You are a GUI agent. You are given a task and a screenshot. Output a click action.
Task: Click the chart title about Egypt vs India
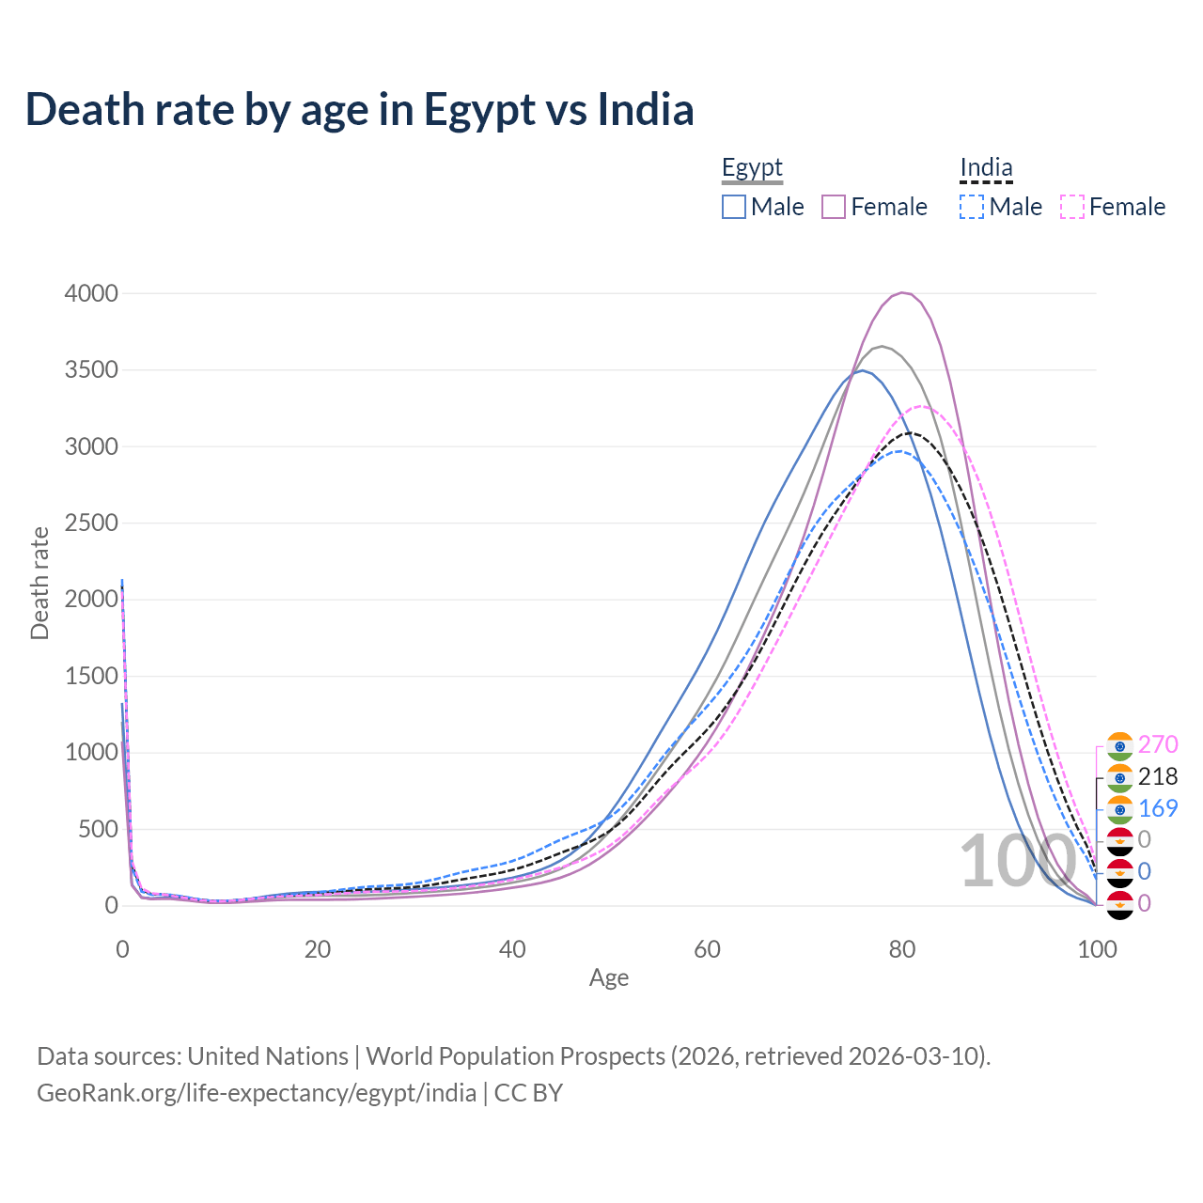[359, 109]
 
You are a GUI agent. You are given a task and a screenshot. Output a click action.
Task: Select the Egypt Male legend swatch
[734, 207]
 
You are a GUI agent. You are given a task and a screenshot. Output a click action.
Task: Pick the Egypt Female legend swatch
[834, 207]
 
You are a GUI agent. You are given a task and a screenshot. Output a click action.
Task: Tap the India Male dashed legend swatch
[972, 207]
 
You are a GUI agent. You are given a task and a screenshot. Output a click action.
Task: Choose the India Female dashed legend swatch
[1072, 207]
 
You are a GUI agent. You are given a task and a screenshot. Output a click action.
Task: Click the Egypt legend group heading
[752, 168]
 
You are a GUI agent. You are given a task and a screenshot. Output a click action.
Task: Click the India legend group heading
[986, 168]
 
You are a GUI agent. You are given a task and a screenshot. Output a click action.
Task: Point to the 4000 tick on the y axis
[91, 293]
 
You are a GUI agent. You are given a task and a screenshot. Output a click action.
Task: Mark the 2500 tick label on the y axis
[91, 523]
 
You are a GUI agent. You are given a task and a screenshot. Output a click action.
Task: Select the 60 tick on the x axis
[707, 949]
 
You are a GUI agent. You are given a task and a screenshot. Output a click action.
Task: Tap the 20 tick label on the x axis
[318, 949]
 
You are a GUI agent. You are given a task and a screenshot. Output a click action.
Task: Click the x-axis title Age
[609, 977]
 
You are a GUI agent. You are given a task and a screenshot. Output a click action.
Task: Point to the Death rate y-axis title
[39, 583]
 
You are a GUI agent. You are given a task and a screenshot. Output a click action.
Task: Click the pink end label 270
[1158, 744]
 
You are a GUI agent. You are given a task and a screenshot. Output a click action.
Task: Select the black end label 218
[1158, 776]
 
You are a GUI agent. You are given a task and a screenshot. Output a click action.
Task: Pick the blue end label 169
[1158, 808]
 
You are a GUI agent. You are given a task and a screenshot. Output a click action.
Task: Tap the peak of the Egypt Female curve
[902, 292]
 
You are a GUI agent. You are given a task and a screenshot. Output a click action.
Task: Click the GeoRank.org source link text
[257, 1093]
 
